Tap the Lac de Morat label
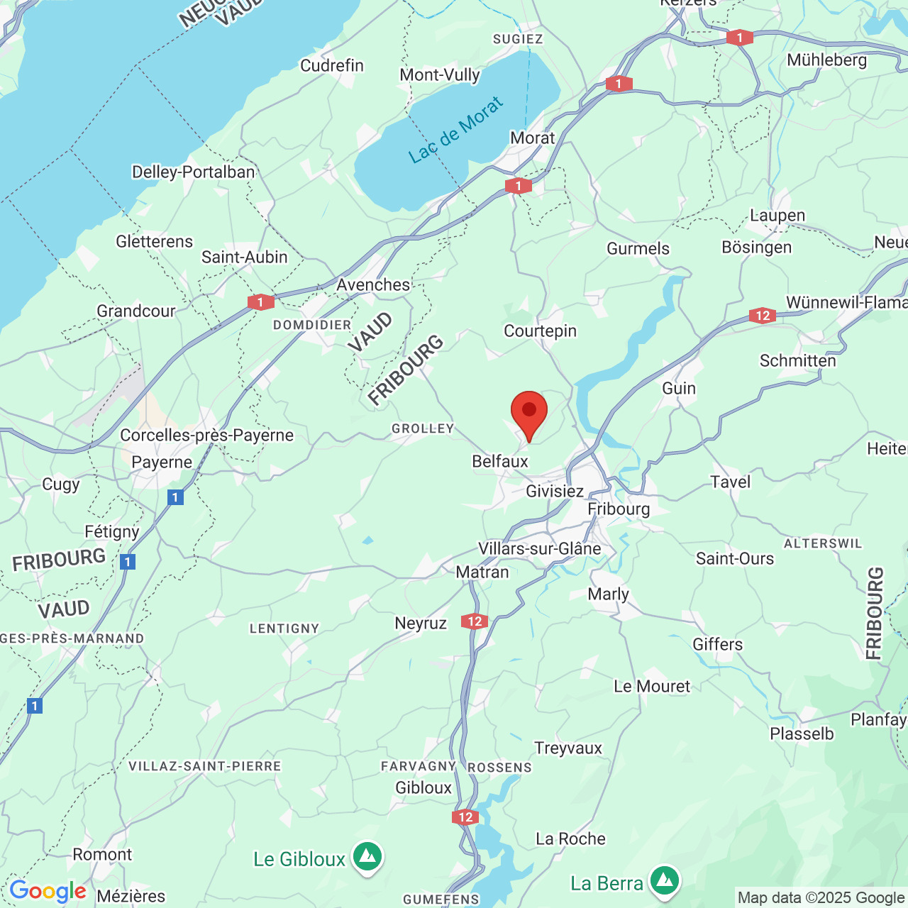tap(456, 131)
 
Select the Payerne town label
tap(162, 463)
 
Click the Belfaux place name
tap(500, 462)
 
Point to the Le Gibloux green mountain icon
tap(367, 856)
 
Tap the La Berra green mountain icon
tap(664, 880)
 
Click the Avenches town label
tap(373, 285)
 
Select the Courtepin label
tap(540, 331)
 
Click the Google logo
tap(48, 891)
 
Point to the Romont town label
tap(102, 855)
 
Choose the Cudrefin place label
tap(332, 66)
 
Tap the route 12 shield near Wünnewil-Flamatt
tap(762, 316)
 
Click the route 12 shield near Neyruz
tap(475, 621)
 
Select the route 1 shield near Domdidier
tap(260, 302)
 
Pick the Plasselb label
tap(802, 734)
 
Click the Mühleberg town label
tap(826, 60)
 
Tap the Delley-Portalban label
tap(193, 172)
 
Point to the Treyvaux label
tap(568, 748)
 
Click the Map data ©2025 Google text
tap(821, 898)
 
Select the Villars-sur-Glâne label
tap(539, 549)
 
